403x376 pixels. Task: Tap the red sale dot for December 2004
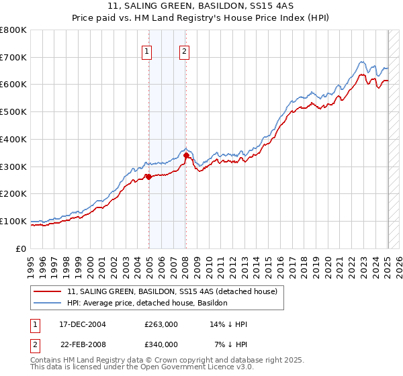(148, 177)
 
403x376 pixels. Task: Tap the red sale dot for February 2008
(186, 156)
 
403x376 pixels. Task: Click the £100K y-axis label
(15, 221)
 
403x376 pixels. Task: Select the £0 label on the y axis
(22, 248)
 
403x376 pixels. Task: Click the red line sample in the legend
(48, 291)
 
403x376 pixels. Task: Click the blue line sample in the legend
(48, 303)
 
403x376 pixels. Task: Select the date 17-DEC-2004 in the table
(82, 324)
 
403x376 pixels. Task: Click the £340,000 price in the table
(161, 344)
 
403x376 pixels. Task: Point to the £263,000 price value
(161, 324)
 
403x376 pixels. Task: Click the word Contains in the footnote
(46, 361)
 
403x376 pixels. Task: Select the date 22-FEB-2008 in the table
(82, 344)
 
